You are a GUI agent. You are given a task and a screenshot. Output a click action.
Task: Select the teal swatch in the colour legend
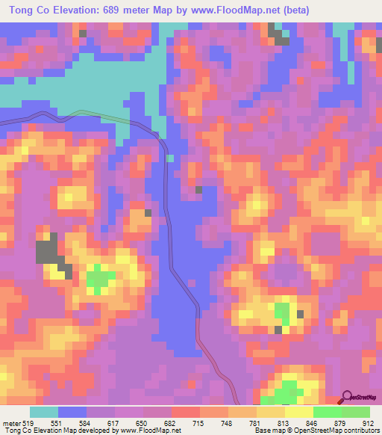pos(44,413)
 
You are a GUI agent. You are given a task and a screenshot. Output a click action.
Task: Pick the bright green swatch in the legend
pos(328,413)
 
